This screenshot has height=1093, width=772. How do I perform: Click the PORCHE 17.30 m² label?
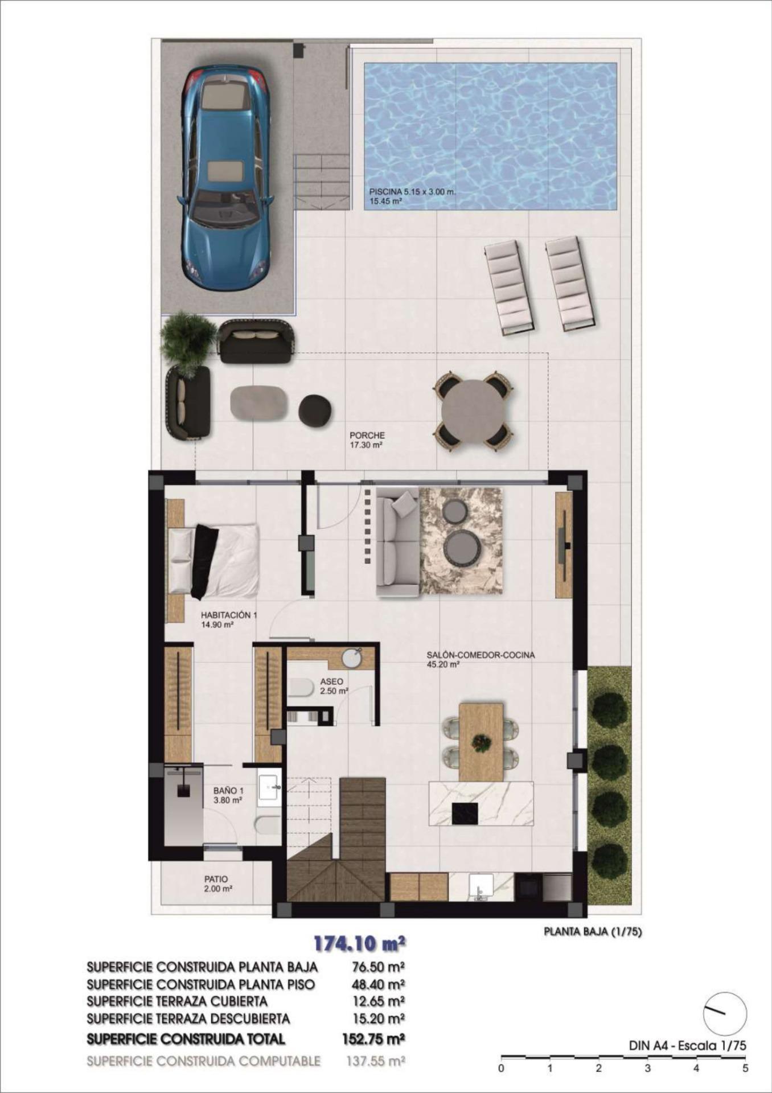pyautogui.click(x=367, y=440)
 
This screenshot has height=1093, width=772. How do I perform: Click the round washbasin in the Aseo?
pyautogui.click(x=353, y=659)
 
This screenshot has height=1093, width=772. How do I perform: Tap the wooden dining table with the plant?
pyautogui.click(x=481, y=741)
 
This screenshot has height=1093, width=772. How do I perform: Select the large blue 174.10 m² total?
pyautogui.click(x=359, y=944)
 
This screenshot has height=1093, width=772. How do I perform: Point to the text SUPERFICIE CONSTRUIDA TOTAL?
pyautogui.click(x=186, y=1039)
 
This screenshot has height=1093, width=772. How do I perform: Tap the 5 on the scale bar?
pyautogui.click(x=745, y=1069)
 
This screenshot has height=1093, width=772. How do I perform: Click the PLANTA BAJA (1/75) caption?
pyautogui.click(x=592, y=932)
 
